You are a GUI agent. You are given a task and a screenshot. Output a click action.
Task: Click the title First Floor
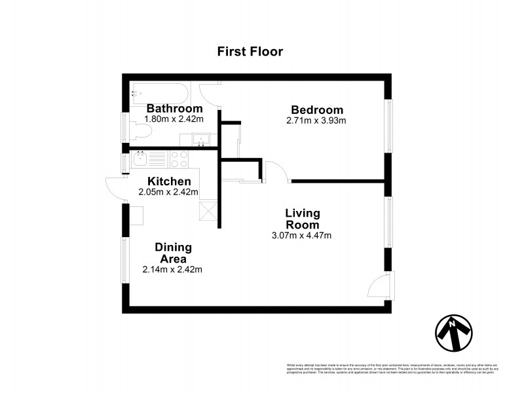click(x=250, y=52)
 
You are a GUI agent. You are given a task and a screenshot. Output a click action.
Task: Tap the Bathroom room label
click(x=174, y=109)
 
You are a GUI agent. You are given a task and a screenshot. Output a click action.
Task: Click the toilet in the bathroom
click(x=141, y=132)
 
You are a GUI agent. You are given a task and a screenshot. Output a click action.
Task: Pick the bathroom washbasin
click(x=202, y=139)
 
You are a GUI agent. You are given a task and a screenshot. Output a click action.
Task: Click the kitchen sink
click(x=140, y=159)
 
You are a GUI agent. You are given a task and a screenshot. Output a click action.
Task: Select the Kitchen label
click(x=169, y=181)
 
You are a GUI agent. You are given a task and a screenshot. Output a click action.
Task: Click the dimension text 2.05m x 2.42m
click(x=168, y=193)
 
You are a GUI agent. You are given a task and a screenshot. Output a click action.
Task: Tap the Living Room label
click(x=302, y=219)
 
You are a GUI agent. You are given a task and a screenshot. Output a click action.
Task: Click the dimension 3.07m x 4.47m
click(x=302, y=235)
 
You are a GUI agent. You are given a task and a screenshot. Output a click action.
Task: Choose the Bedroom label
click(x=317, y=109)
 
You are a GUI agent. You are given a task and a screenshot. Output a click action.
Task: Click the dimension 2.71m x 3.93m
click(x=316, y=121)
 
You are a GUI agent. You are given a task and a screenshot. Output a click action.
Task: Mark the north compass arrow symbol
click(x=454, y=333)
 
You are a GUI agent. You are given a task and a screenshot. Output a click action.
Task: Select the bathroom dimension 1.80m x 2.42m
click(x=174, y=120)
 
